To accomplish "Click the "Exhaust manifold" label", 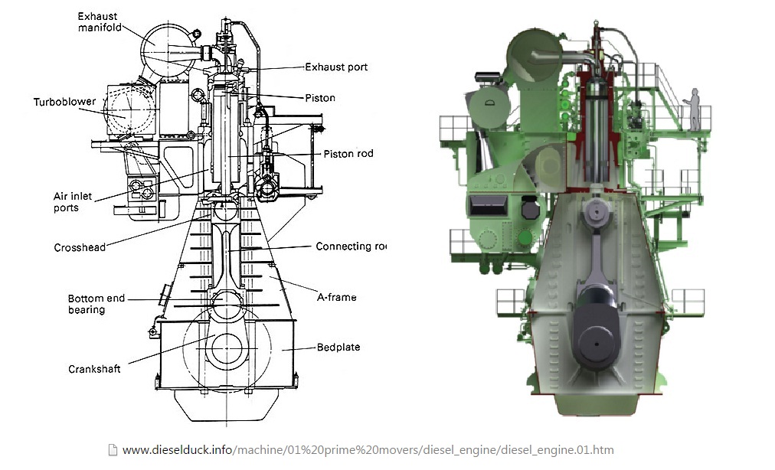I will click(x=100, y=21).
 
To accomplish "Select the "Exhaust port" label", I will click(x=336, y=67).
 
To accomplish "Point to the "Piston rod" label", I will click(x=348, y=154).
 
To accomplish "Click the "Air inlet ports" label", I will click(x=73, y=202).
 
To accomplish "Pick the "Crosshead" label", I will click(x=80, y=247).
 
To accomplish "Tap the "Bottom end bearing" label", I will click(x=96, y=304).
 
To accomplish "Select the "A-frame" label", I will click(x=336, y=297).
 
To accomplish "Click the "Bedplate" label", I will click(x=338, y=348).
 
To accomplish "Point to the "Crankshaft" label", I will click(x=93, y=369).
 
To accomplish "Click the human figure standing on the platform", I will click(x=695, y=109).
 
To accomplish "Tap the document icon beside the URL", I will click(x=113, y=450).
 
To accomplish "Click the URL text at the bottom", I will click(x=368, y=450).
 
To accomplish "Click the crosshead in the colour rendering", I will click(x=598, y=214).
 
